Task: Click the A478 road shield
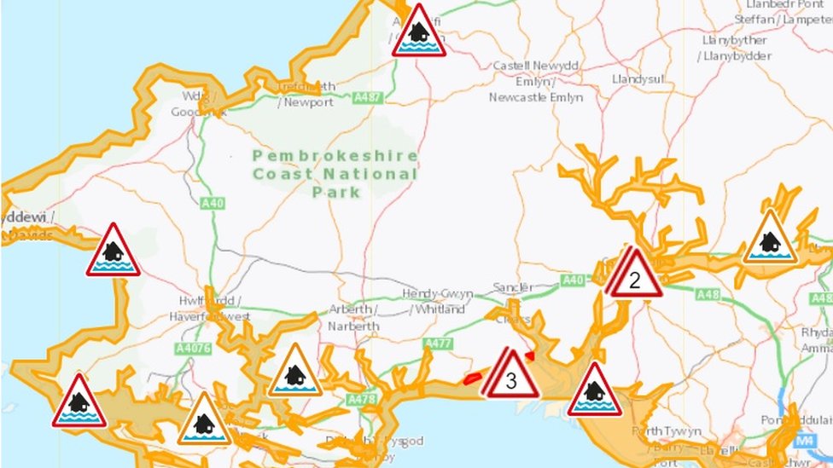[x=362, y=399]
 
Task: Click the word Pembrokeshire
[x=335, y=156]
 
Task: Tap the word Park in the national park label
[x=335, y=193]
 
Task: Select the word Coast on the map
[x=285, y=175]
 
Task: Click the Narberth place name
[x=352, y=326]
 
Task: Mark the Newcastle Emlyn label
[x=536, y=97]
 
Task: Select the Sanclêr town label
[x=514, y=287]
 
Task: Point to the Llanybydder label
[x=736, y=56]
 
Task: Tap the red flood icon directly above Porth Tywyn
[x=595, y=392]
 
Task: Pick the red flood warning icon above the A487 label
[x=418, y=33]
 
